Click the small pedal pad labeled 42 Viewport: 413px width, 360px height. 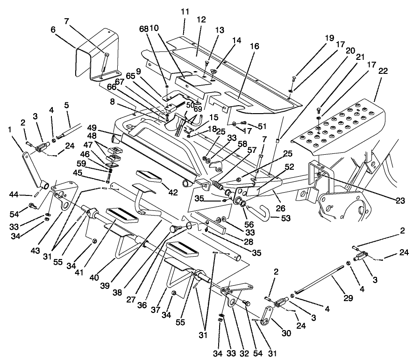149,178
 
